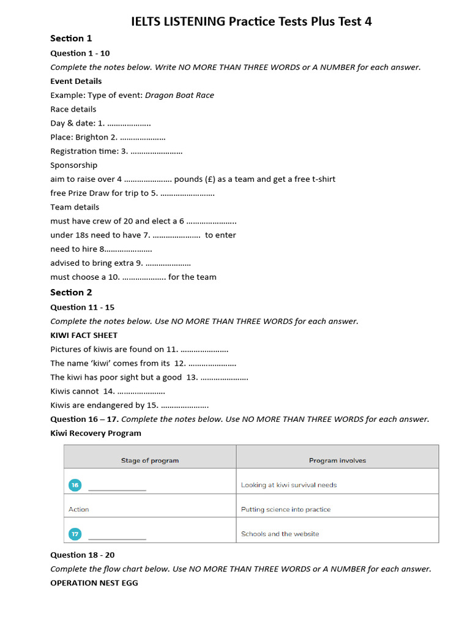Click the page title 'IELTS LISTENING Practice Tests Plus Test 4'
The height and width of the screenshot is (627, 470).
tap(252, 21)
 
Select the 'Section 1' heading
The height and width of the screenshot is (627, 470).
tap(71, 39)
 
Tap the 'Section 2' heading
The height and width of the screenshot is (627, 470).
tap(71, 292)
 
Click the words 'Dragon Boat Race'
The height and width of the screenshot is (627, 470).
tap(184, 95)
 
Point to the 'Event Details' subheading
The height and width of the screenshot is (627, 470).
tap(76, 81)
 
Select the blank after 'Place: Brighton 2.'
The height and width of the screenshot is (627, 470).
tap(143, 138)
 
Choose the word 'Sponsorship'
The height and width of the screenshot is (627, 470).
tap(73, 165)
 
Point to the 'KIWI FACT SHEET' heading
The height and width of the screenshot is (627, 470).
tap(84, 335)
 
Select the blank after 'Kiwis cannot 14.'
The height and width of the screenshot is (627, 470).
tap(141, 391)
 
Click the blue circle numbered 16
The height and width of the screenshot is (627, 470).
tap(75, 485)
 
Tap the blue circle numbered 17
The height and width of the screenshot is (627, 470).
tap(75, 534)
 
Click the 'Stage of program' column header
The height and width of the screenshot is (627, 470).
tap(150, 460)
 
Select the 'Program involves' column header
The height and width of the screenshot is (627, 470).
tap(337, 460)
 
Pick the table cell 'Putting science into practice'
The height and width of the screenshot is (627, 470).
tap(286, 509)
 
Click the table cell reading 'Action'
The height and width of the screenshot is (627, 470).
tap(79, 509)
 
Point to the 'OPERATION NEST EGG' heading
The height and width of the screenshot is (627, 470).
tap(94, 583)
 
